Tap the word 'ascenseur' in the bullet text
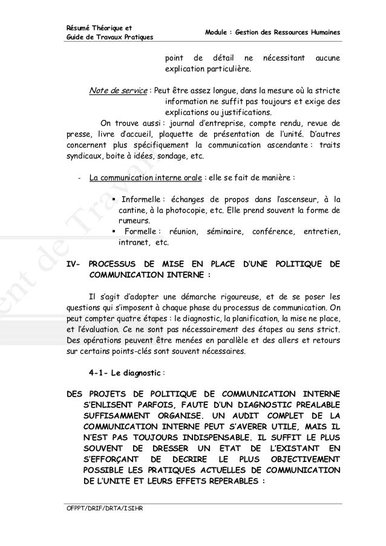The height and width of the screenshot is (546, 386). [x=301, y=200]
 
